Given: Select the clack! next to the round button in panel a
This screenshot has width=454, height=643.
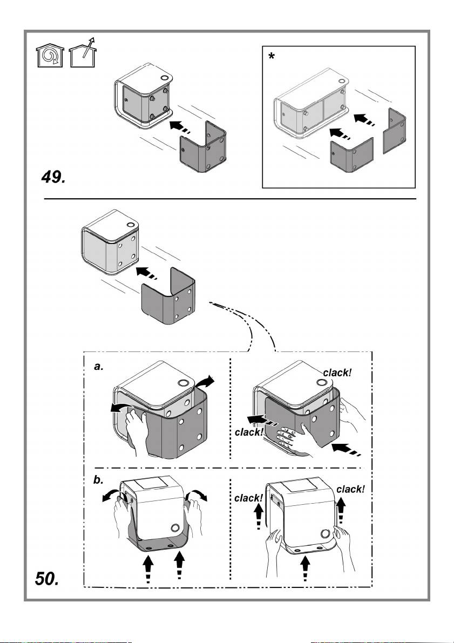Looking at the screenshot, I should [341, 372].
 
